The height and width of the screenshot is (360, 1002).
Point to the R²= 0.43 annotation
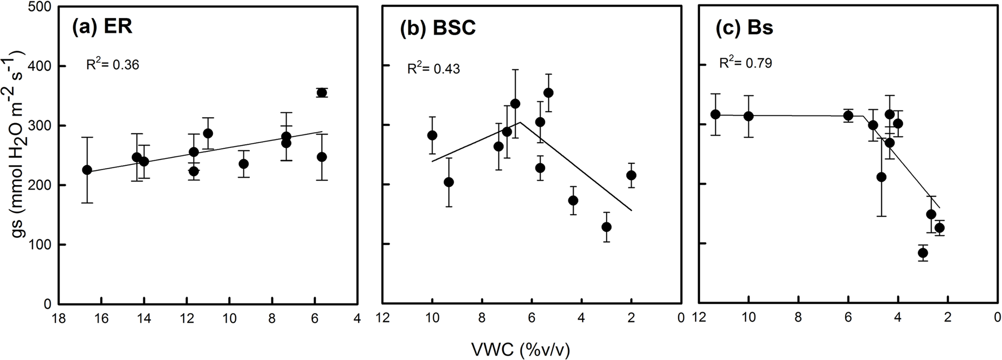433,69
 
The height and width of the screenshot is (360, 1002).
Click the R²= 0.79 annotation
746,63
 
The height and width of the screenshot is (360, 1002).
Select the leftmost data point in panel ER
87,170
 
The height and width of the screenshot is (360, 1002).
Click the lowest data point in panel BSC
606,227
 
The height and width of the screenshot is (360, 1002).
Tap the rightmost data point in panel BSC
631,175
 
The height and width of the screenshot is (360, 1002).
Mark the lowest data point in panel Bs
922,253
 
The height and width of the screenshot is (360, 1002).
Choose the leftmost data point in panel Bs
715,114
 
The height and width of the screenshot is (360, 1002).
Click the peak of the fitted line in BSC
520,122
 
